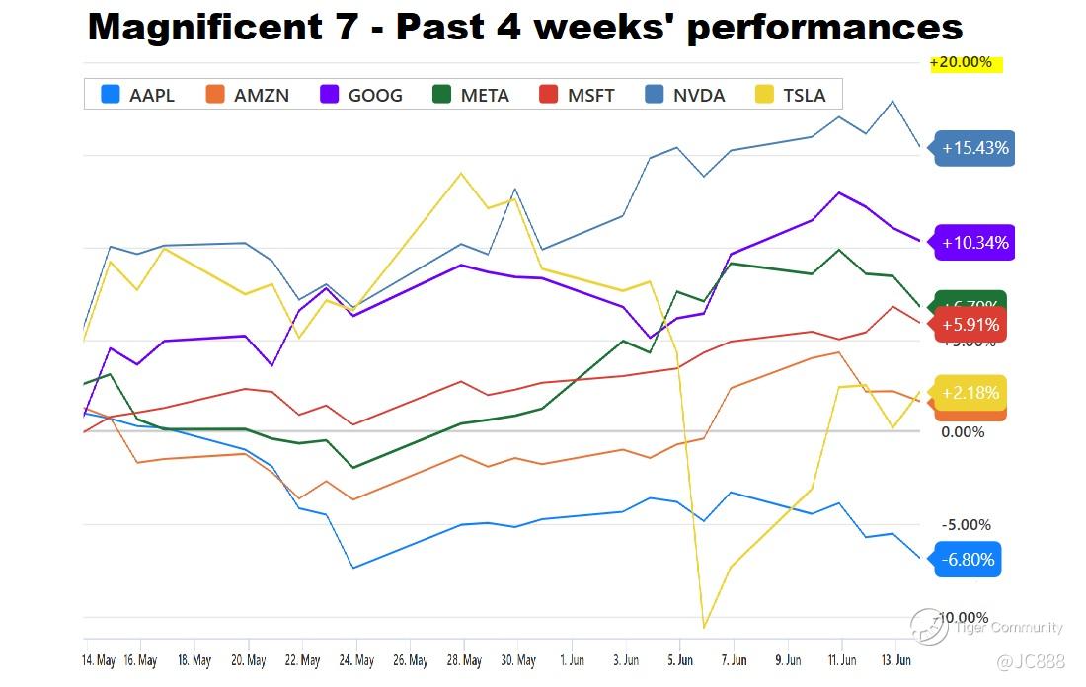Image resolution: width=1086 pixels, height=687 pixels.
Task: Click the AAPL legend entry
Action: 138,95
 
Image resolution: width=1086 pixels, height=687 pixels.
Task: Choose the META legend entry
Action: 472,95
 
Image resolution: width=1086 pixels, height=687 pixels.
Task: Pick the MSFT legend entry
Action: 579,95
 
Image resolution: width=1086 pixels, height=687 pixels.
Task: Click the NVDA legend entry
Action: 686,95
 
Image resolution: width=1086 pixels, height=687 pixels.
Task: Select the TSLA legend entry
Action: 798,95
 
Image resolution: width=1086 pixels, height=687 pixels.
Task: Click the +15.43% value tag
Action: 974,148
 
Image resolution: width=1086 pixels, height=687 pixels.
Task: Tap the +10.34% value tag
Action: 974,243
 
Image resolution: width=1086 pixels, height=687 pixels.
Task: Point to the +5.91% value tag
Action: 970,325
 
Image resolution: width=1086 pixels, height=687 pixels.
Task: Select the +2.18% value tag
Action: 970,393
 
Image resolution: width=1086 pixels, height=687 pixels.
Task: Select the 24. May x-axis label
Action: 356,660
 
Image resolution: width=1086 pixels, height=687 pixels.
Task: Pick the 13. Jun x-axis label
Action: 896,660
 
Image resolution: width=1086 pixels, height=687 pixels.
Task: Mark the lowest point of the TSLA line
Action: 704,627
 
